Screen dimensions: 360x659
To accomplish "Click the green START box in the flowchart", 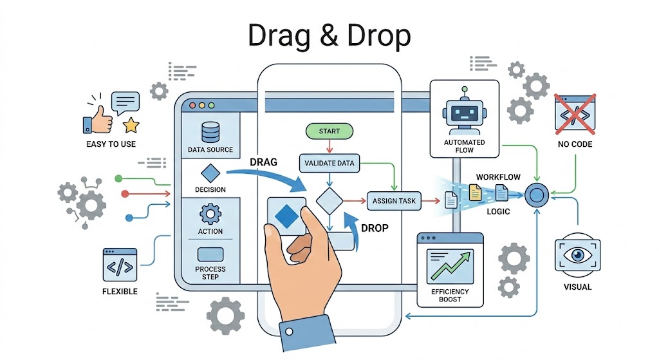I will [x=329, y=131].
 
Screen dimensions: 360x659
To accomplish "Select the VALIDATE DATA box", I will [x=329, y=163].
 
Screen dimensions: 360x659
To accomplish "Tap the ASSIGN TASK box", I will [x=394, y=201].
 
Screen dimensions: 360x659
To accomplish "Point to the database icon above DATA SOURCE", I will [x=210, y=131].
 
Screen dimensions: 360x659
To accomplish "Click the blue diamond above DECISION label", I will [x=210, y=173].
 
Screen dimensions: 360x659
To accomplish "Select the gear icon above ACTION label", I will [x=210, y=214].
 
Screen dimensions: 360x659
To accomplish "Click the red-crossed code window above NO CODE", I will [x=575, y=114].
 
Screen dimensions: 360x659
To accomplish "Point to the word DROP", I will [x=375, y=227].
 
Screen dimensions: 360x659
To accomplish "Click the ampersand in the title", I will [x=329, y=38].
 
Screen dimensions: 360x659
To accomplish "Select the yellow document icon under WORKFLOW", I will [x=475, y=192].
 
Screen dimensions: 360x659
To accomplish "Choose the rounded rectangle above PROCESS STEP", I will [x=210, y=254].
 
